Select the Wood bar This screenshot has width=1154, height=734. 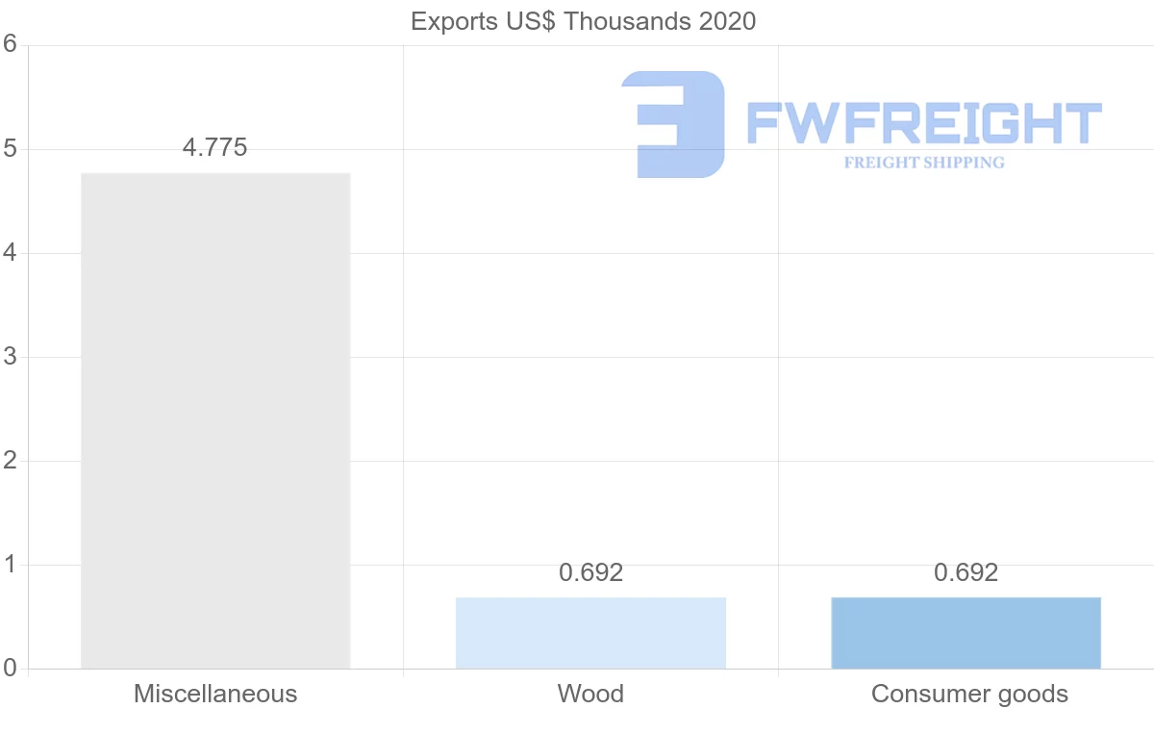(590, 633)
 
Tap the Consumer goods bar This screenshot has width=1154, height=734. (966, 633)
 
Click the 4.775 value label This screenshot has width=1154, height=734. (214, 147)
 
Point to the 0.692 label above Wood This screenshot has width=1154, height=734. (590, 572)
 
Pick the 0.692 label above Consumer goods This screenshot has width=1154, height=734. (966, 572)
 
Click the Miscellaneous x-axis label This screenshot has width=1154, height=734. (215, 694)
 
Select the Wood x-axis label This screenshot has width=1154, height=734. (590, 694)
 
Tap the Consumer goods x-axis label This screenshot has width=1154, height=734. (969, 694)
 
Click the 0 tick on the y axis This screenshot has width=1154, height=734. (11, 668)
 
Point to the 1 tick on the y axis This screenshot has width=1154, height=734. (11, 565)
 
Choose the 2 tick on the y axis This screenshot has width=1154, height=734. (11, 461)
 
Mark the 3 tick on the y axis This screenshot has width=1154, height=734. (11, 357)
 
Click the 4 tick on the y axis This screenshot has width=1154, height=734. (11, 253)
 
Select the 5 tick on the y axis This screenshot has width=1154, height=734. (11, 149)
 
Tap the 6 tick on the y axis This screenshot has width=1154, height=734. (11, 44)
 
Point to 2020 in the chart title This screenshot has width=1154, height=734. (727, 21)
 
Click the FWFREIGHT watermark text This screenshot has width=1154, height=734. (923, 123)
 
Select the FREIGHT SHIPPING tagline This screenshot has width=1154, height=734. (924, 163)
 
